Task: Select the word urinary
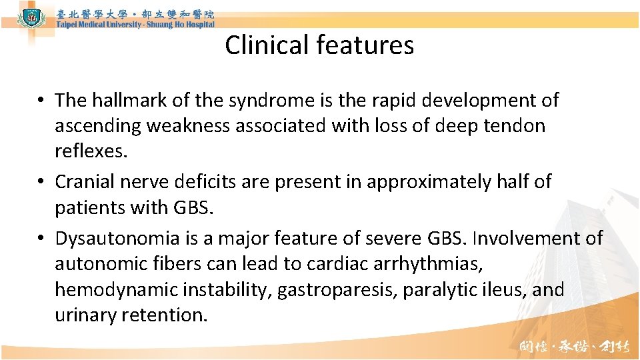[85, 315]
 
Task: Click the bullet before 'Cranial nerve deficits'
[42, 182]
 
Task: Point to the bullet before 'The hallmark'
[42, 101]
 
